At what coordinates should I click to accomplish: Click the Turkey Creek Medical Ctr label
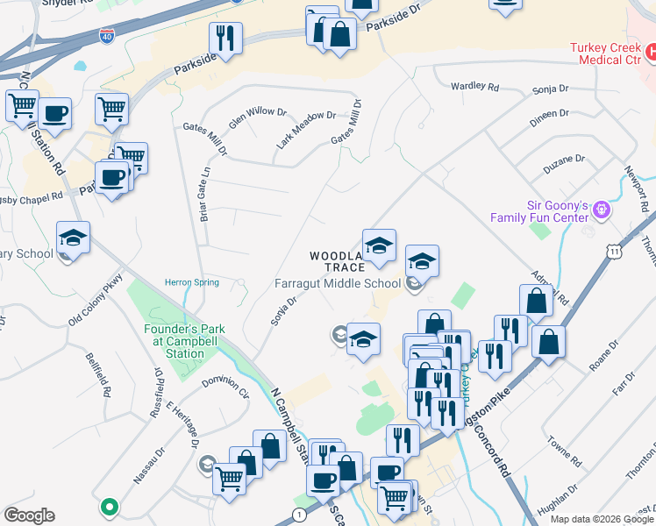coord(606,53)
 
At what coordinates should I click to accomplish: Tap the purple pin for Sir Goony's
coord(601,210)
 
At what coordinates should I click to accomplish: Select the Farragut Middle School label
coord(337,283)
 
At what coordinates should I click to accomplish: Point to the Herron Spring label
coord(191,282)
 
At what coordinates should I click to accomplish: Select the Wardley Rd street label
coord(474,87)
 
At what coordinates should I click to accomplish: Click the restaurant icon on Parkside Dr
coord(225,39)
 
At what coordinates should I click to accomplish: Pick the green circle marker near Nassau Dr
coord(109,506)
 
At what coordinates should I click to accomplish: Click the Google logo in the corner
coord(29,515)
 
